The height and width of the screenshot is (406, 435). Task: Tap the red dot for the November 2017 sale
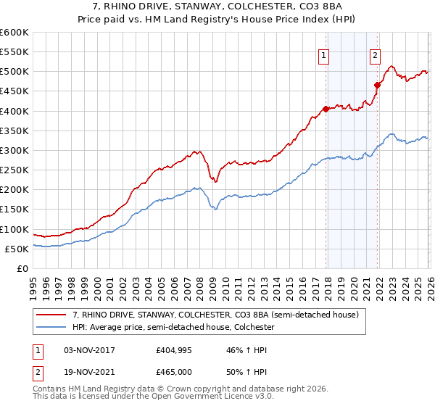pos(326,109)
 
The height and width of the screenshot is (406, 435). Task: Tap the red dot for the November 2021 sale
pos(377,85)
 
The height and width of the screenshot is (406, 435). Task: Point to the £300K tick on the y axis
pos(15,150)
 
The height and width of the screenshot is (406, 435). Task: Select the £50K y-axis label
pos(17,249)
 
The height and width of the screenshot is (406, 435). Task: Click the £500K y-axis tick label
pos(15,71)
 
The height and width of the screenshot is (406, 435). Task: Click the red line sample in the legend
pos(51,315)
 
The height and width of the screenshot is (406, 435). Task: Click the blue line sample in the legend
pos(51,328)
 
